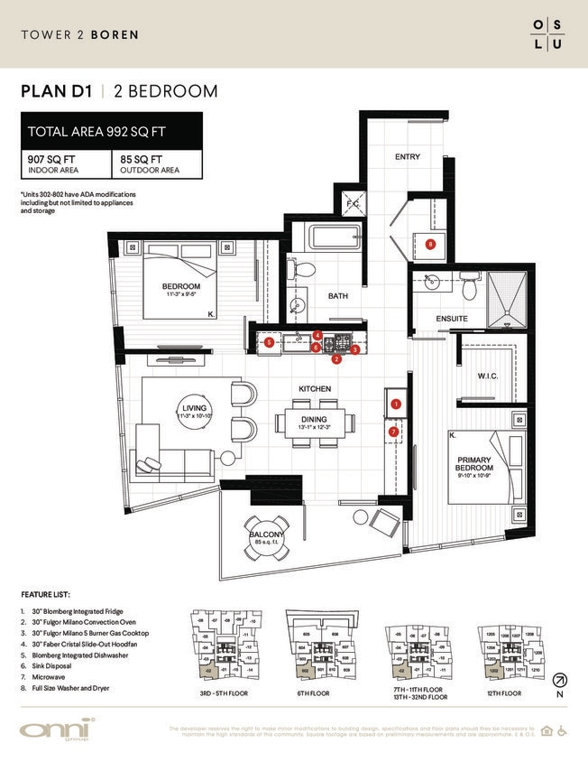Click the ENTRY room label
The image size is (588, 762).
[408, 157]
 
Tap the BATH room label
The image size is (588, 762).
[338, 295]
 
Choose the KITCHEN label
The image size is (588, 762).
[316, 389]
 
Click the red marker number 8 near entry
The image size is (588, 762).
[430, 244]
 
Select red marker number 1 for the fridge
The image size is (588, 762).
[396, 405]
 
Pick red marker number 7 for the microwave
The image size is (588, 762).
[393, 432]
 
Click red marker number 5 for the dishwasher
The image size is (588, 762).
[269, 342]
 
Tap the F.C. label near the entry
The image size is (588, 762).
[354, 205]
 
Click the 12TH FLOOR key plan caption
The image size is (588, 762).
[503, 692]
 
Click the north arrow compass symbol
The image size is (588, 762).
[559, 680]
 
